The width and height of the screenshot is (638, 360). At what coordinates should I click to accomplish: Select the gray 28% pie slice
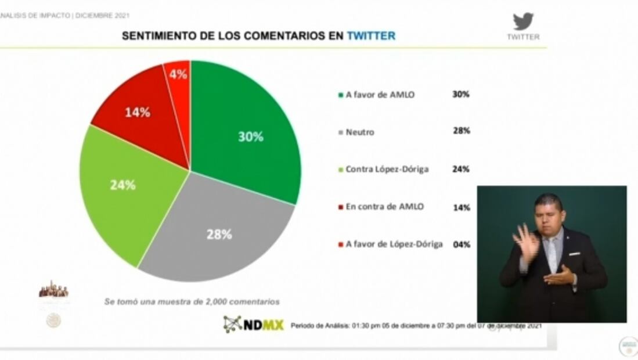click(221, 232)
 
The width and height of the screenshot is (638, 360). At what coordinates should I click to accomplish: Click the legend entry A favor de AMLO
click(380, 95)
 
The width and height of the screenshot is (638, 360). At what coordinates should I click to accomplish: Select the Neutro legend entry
click(360, 132)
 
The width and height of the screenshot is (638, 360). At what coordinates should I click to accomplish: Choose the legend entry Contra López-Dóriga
click(387, 170)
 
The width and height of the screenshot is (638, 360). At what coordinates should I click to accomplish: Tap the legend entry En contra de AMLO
click(384, 207)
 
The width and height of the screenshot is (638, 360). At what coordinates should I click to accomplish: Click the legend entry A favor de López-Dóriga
click(394, 244)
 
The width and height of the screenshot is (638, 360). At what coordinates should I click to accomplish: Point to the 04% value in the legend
click(462, 244)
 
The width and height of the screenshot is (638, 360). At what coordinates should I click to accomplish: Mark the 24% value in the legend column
click(462, 170)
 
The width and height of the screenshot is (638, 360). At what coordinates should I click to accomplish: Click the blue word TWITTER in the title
click(371, 36)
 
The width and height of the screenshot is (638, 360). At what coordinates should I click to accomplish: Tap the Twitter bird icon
click(523, 21)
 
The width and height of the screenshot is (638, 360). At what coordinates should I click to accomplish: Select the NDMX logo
click(254, 324)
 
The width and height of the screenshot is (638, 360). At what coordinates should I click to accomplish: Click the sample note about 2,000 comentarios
click(192, 302)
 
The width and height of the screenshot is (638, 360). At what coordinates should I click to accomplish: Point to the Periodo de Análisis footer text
click(416, 326)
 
